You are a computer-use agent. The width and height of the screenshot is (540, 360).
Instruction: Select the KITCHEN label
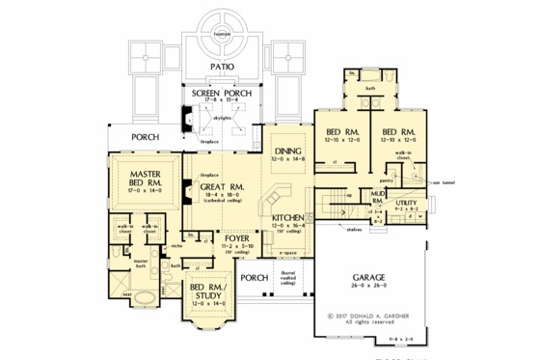(x=289, y=218)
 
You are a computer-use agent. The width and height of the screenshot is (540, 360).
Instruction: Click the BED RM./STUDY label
(x=208, y=291)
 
